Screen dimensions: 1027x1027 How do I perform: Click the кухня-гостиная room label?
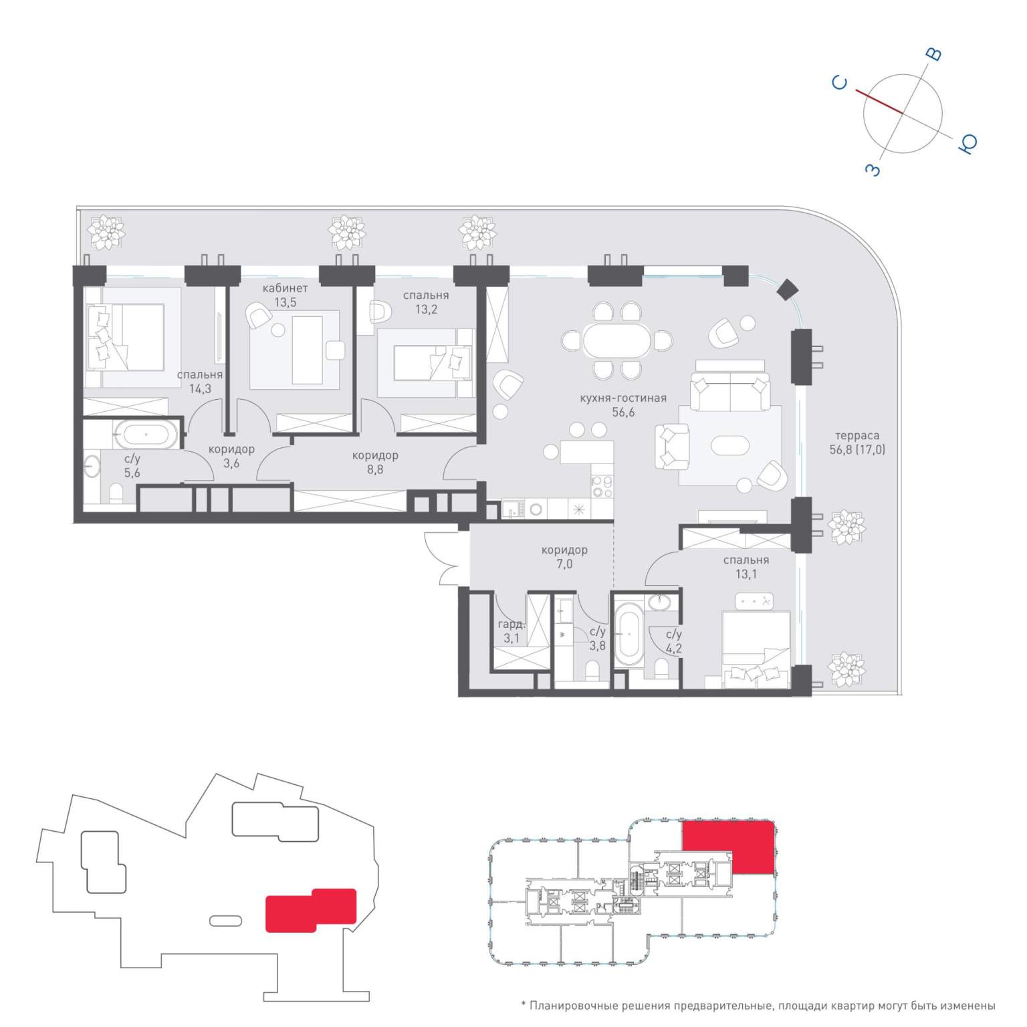(x=623, y=398)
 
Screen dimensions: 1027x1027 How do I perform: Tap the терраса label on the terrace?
(x=857, y=436)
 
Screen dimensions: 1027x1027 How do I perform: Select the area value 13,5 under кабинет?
(x=285, y=302)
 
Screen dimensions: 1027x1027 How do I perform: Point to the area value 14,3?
(x=200, y=388)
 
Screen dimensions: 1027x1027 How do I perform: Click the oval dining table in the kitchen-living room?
(x=616, y=341)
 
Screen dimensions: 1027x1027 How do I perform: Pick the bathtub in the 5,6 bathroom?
(x=146, y=435)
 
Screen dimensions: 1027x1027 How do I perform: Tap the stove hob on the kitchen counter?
(x=602, y=486)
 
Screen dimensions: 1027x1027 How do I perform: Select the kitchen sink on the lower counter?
(x=513, y=509)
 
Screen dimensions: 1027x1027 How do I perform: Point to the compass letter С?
(x=840, y=83)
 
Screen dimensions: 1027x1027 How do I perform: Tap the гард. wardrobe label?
(x=511, y=624)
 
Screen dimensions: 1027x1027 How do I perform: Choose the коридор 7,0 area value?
(x=564, y=564)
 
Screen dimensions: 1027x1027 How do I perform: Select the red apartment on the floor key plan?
(x=729, y=846)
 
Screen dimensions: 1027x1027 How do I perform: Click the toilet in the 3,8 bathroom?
(x=592, y=669)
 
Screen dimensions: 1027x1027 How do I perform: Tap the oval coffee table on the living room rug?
(x=731, y=445)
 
